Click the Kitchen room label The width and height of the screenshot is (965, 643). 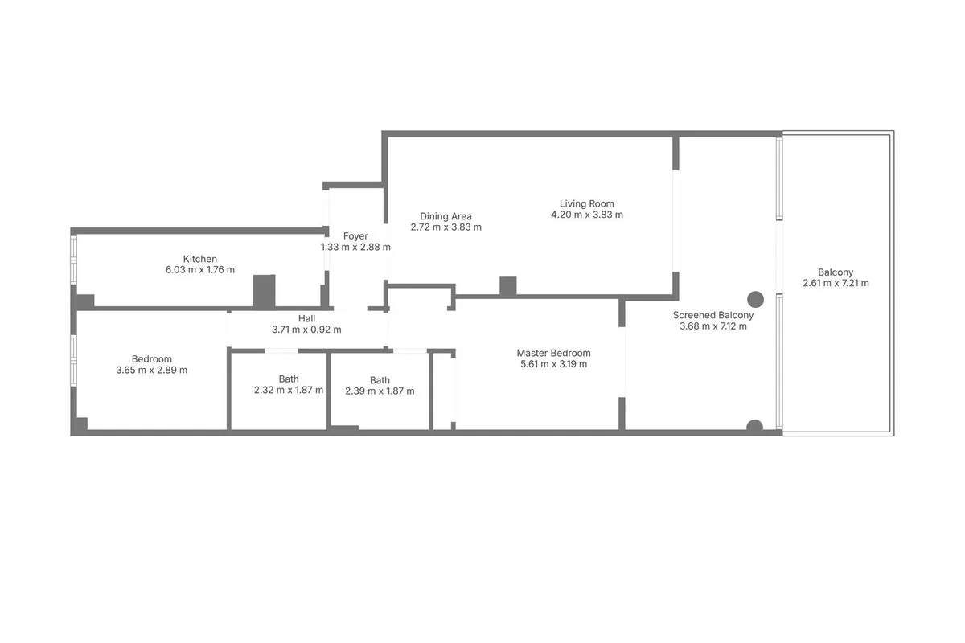point(200,259)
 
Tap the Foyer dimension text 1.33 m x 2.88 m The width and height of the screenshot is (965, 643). point(355,248)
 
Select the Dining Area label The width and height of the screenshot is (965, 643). point(446,216)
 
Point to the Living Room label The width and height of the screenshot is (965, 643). point(587,203)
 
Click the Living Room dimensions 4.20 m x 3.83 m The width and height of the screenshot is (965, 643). point(587,215)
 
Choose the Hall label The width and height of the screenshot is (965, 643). point(306,319)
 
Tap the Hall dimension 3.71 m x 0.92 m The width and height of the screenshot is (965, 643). point(306,330)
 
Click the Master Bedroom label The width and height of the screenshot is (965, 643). point(553,353)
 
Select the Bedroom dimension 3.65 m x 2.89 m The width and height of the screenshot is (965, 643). point(152,370)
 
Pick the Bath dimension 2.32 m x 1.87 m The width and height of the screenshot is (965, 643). point(289,390)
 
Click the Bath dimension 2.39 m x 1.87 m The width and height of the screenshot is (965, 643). point(380,391)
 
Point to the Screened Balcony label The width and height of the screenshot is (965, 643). point(713,315)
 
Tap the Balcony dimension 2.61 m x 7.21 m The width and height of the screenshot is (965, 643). point(836,283)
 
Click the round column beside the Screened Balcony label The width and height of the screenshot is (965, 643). point(755,299)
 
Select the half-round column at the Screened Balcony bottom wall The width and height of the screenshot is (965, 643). point(754,425)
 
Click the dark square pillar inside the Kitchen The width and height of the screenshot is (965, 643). point(264,291)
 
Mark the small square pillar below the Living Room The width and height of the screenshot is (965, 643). point(508,286)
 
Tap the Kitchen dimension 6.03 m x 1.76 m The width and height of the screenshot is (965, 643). point(200,270)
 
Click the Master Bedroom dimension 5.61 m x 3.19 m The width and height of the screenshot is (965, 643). point(553,364)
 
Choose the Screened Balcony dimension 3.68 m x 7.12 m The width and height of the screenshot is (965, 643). point(713,326)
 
